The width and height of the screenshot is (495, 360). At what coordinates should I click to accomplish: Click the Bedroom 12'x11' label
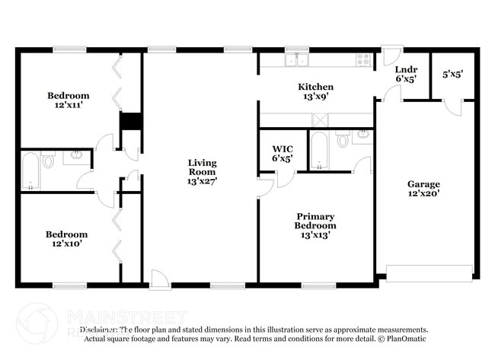(69, 100)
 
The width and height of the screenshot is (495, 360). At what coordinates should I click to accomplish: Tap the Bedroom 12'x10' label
(67, 239)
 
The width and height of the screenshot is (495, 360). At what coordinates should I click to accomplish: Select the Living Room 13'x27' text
(203, 172)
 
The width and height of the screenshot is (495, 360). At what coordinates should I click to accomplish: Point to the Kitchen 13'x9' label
(315, 92)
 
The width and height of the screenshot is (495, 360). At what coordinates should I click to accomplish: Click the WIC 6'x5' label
(283, 154)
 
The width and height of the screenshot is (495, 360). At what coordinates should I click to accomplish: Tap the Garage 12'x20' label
(423, 189)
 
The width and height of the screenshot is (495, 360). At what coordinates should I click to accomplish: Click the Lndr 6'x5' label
(406, 74)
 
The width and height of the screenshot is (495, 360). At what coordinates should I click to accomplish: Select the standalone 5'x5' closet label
(453, 75)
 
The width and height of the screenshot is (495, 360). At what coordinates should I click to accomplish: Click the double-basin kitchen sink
(295, 59)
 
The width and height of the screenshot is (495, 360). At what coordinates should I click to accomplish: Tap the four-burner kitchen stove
(362, 59)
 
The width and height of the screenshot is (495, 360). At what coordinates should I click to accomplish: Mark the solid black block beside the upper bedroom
(131, 122)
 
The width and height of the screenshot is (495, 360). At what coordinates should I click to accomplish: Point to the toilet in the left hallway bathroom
(49, 161)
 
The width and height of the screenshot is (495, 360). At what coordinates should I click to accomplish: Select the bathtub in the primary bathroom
(318, 149)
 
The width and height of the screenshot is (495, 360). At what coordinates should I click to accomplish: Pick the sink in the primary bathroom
(362, 136)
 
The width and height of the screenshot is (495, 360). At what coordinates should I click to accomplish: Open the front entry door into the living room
(160, 280)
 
